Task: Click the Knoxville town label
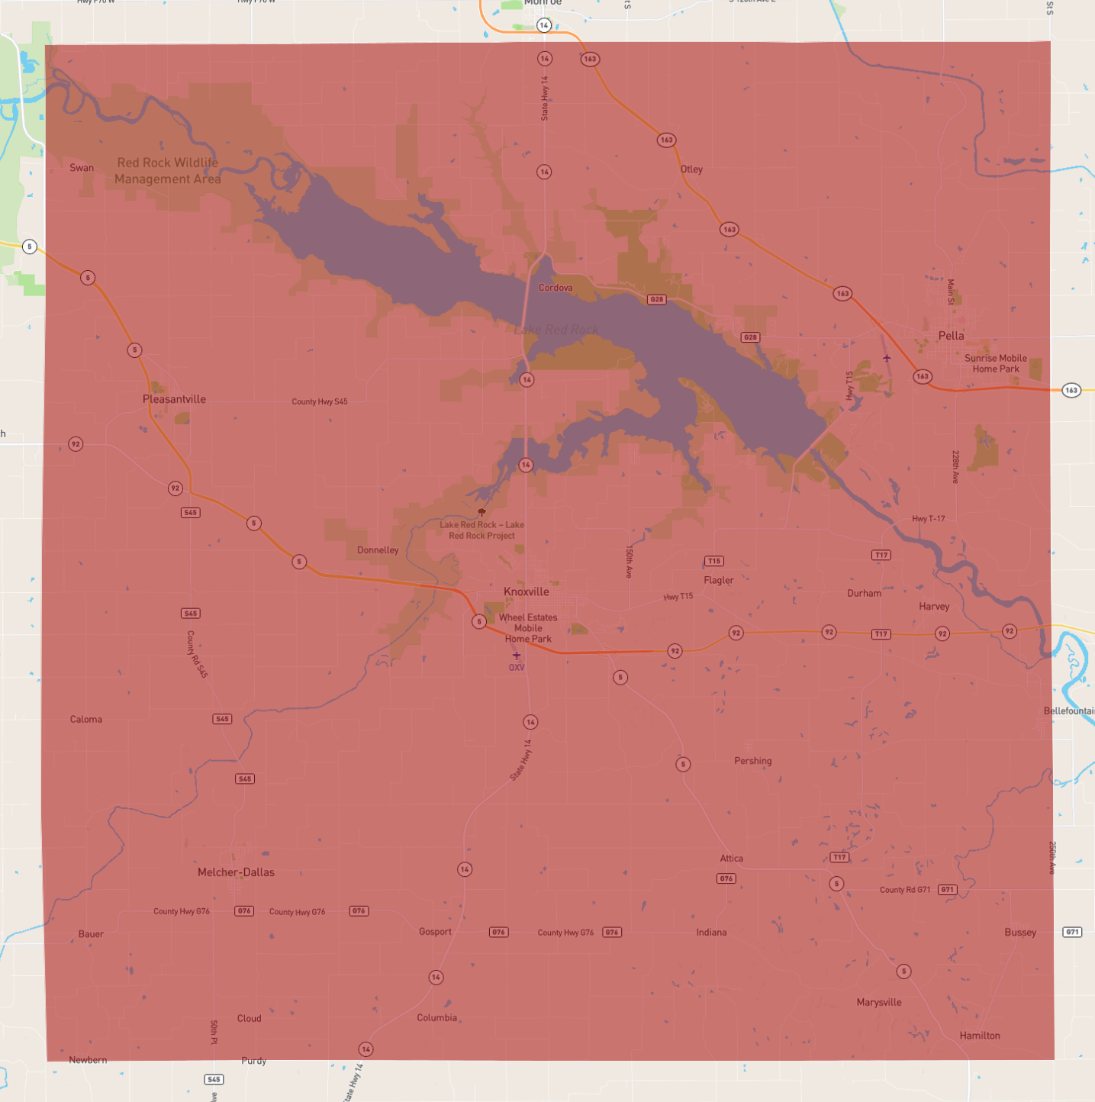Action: pos(526,591)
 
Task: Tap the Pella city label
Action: pos(951,336)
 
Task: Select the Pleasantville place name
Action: pos(174,399)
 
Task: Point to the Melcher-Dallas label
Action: pos(236,872)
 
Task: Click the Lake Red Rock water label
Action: pos(556,330)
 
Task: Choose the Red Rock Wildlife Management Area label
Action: pos(168,171)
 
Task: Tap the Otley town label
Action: pos(691,169)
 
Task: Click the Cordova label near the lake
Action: pos(556,288)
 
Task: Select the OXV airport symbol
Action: pos(517,656)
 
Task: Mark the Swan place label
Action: pos(82,168)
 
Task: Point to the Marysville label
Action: pos(879,1002)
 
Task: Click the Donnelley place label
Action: pos(378,550)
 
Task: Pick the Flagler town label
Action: pos(718,580)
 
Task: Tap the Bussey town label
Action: pos(1020,932)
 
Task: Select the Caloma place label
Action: pos(86,719)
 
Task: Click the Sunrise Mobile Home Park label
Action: pos(995,363)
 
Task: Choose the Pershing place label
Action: pos(752,761)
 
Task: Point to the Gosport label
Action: pos(435,931)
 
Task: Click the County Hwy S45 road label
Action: pos(319,401)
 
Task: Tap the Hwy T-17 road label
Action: pos(928,519)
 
